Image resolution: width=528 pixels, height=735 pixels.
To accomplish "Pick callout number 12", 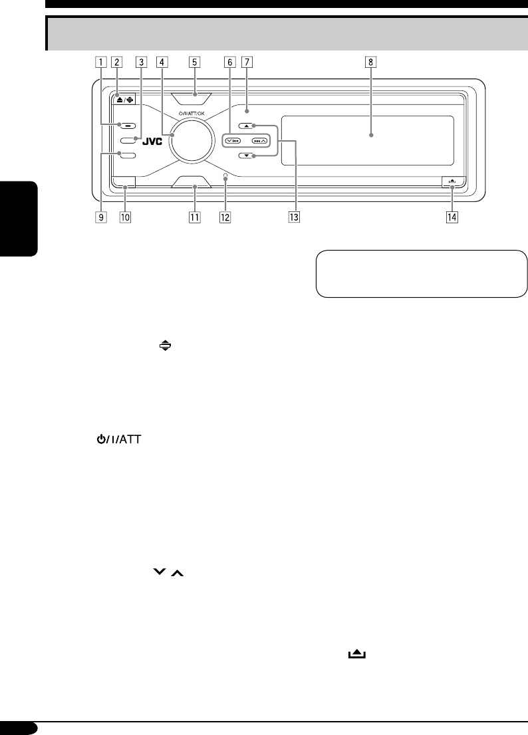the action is tap(225, 217).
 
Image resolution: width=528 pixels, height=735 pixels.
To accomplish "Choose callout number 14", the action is tap(452, 217).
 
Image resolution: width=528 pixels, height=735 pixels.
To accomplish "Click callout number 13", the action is tap(293, 217).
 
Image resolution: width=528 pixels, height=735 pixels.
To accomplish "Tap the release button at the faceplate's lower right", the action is tap(452, 181).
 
